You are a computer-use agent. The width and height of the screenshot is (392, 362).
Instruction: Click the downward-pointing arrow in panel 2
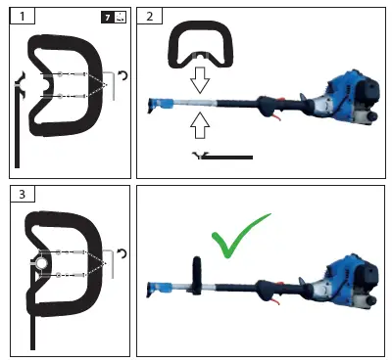point(200,78)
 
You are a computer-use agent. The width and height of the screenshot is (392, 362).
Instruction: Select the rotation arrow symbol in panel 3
point(122,252)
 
